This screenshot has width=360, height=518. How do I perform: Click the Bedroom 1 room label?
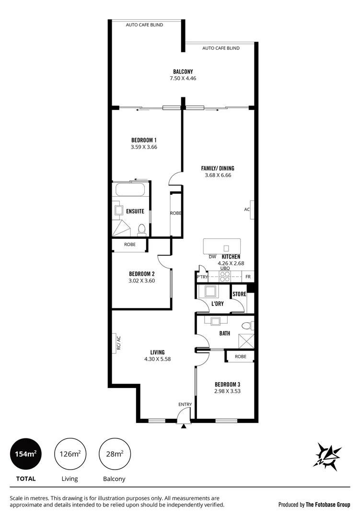(x=144, y=140)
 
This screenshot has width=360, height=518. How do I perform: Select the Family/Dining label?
(x=217, y=168)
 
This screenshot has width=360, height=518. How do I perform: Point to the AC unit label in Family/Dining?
(x=247, y=210)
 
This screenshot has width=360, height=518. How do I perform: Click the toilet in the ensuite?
(x=141, y=230)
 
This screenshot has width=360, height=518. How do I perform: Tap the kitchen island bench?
(x=221, y=247)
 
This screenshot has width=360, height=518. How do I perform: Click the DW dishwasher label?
(x=212, y=257)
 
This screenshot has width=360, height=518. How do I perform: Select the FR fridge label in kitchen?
(x=248, y=277)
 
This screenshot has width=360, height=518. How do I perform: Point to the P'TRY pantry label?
(x=202, y=277)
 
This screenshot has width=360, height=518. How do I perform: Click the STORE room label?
(x=239, y=294)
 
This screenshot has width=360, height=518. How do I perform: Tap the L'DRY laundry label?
(x=218, y=304)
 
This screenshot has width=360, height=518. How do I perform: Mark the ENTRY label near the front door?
(x=185, y=404)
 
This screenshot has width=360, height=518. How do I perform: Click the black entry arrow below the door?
(x=183, y=425)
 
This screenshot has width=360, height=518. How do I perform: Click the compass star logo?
(x=327, y=455)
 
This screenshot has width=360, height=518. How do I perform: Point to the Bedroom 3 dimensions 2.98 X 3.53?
(x=227, y=391)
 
